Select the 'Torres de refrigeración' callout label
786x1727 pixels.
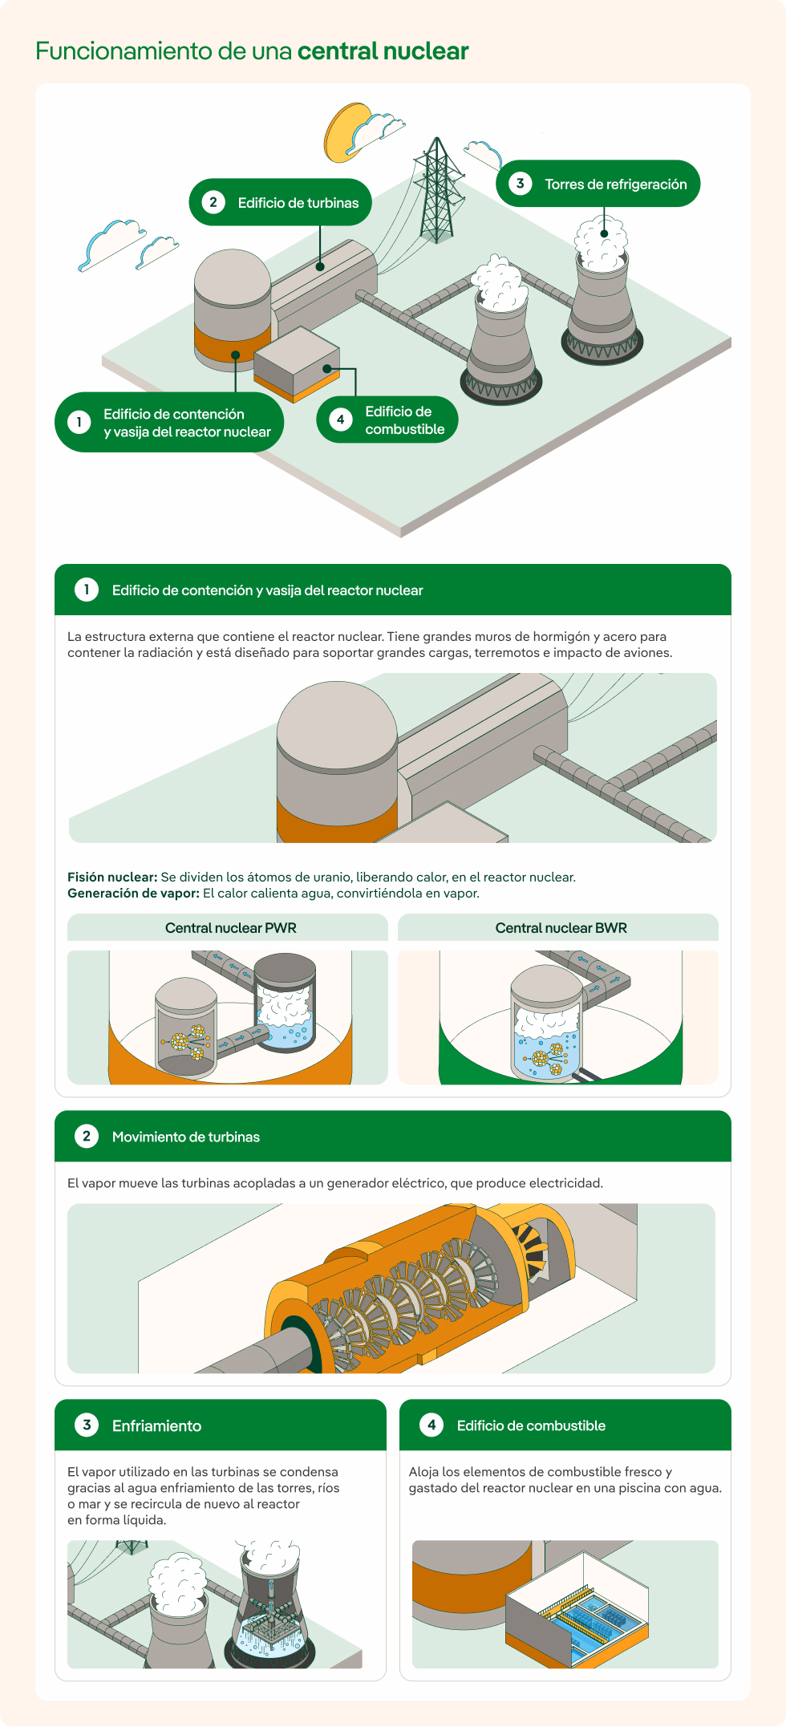[598, 184]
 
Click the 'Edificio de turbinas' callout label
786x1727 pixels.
[281, 202]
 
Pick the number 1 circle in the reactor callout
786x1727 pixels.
[79, 422]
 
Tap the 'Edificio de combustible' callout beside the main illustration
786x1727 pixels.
[387, 420]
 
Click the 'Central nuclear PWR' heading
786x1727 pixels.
[231, 928]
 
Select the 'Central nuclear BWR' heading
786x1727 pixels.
[561, 928]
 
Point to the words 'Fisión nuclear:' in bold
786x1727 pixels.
[112, 877]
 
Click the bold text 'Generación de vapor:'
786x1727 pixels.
[133, 893]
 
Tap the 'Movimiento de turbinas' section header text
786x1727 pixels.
[186, 1137]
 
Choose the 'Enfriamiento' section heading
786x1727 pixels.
[156, 1425]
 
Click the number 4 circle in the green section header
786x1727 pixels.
[431, 1425]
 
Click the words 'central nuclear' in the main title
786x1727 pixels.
[383, 51]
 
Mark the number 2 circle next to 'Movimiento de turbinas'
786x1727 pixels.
[87, 1136]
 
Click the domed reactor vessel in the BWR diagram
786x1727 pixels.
[546, 1023]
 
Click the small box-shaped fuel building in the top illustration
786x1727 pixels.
[297, 365]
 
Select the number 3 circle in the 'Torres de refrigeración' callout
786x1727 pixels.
[520, 183]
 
